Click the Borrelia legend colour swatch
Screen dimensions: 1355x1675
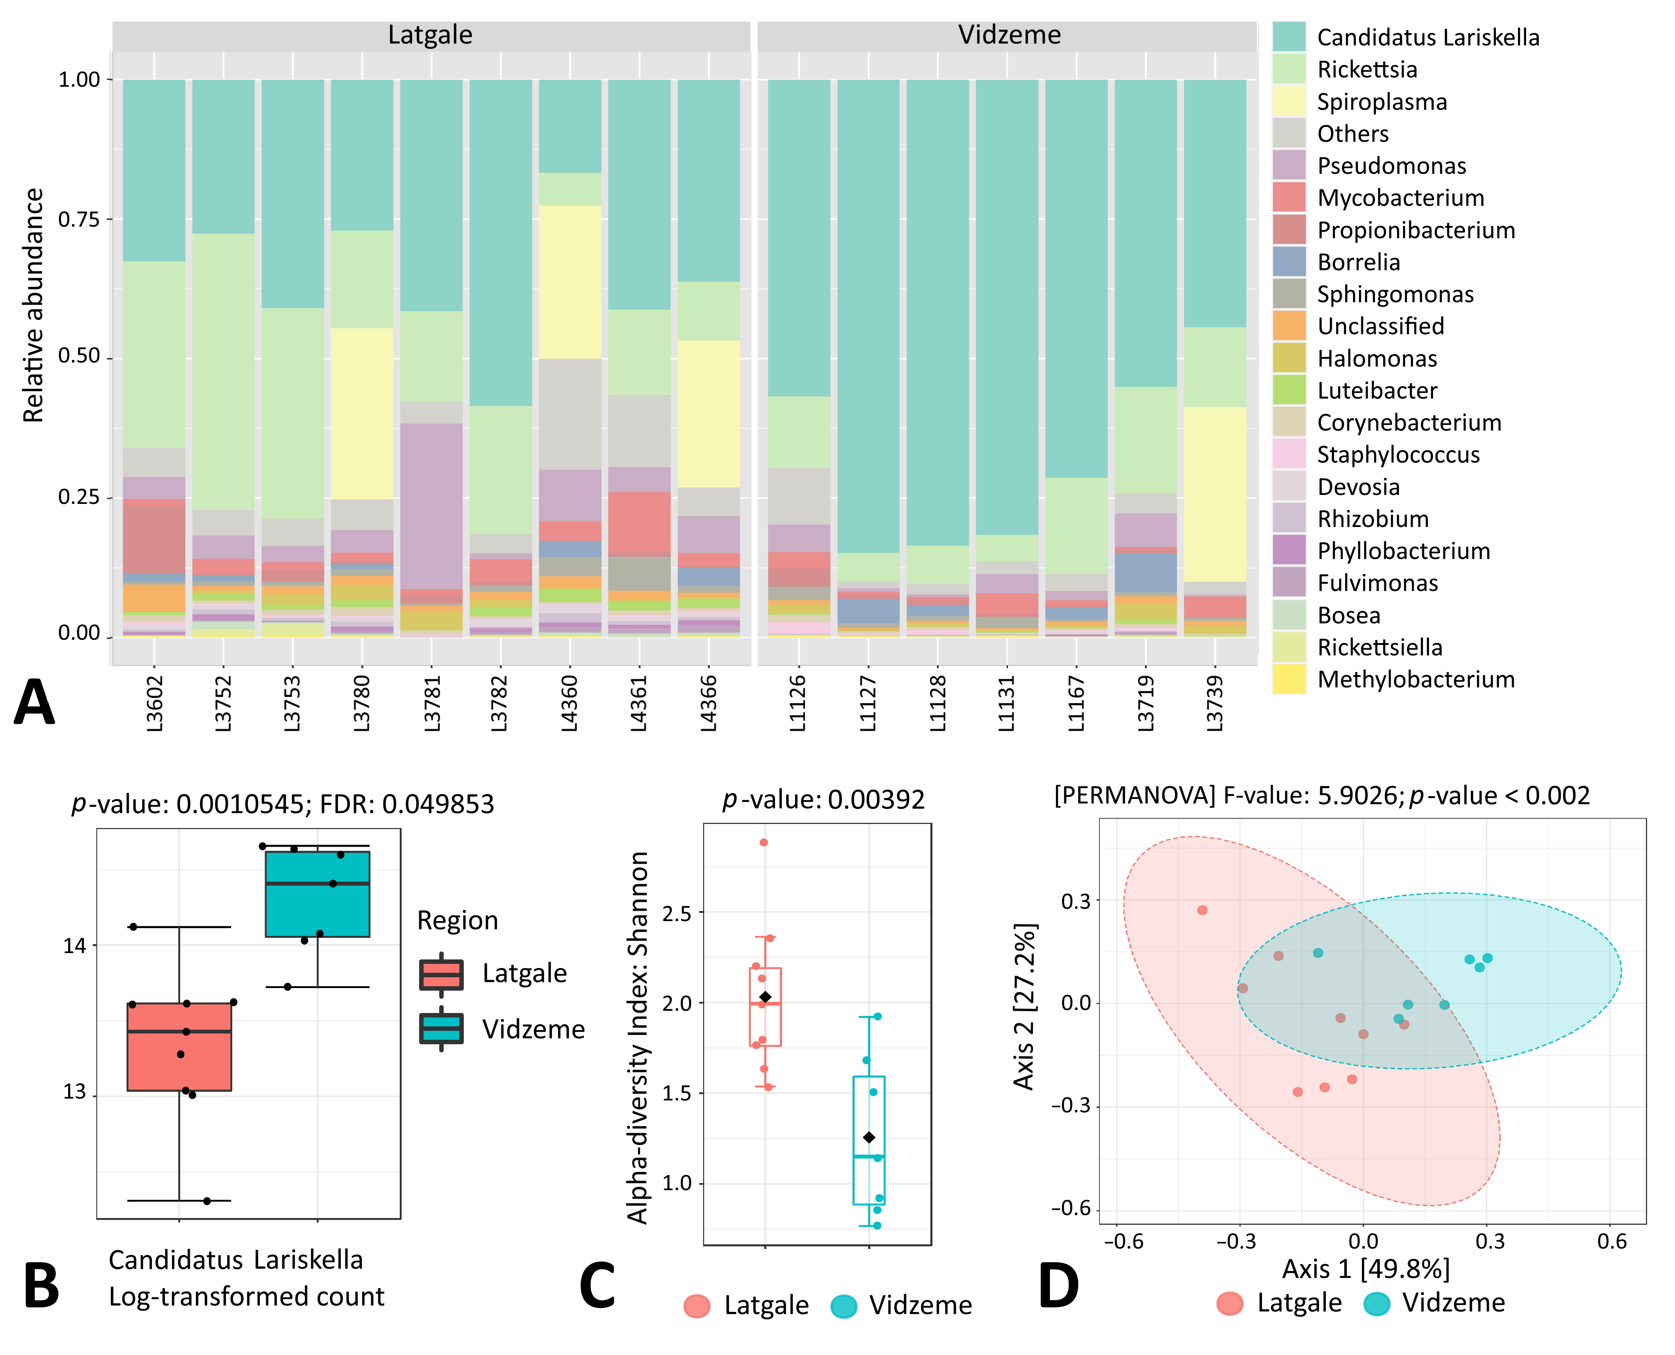(1289, 262)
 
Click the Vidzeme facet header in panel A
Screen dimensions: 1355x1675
(1008, 35)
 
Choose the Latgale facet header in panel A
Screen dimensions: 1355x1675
(430, 35)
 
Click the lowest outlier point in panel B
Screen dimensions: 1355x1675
(207, 1201)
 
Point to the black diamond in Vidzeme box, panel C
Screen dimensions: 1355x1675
(869, 1137)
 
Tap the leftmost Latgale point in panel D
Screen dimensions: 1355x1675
(1202, 910)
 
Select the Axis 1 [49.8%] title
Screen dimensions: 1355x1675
(1365, 1268)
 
